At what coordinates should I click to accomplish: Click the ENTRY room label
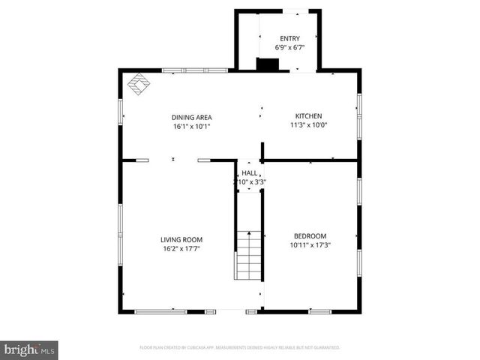(289, 38)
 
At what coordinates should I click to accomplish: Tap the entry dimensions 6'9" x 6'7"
(289, 47)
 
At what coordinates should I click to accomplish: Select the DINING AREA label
(191, 117)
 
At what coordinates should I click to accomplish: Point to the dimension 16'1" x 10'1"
(191, 126)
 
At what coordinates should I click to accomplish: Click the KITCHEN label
(308, 116)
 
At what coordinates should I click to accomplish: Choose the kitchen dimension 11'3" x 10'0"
(308, 125)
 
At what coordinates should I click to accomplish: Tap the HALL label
(249, 172)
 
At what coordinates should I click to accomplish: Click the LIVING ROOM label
(181, 239)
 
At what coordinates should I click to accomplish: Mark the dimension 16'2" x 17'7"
(181, 248)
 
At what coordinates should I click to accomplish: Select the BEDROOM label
(310, 235)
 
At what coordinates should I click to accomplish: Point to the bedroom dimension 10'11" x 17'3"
(310, 244)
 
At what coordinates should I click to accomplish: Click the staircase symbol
(249, 255)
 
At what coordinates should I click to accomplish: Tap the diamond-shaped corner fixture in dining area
(138, 85)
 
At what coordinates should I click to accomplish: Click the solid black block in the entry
(267, 64)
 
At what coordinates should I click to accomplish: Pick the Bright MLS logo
(30, 349)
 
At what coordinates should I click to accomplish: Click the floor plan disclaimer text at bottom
(240, 348)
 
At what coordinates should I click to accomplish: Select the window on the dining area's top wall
(195, 71)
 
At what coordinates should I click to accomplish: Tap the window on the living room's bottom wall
(160, 311)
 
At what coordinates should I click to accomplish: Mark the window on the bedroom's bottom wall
(320, 311)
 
